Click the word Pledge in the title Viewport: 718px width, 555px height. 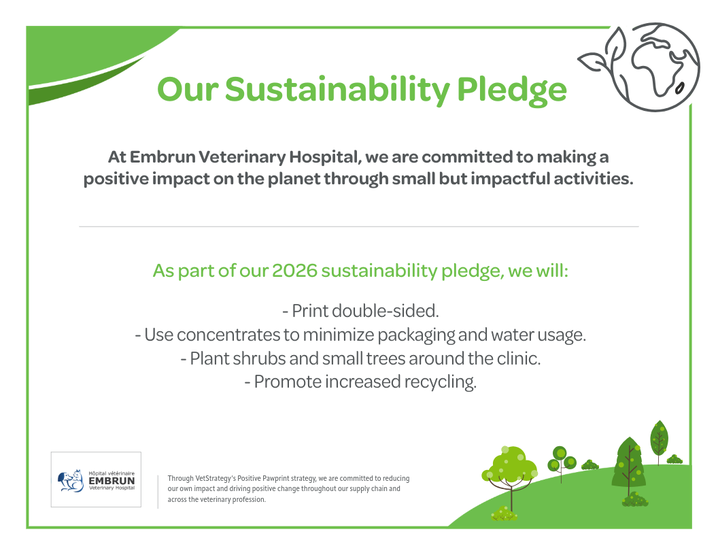[x=511, y=90]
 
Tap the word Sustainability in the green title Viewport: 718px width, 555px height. [x=337, y=90]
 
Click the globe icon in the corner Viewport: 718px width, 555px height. [x=655, y=67]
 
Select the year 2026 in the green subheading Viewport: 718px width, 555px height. [x=294, y=271]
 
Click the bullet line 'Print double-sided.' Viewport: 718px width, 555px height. [x=360, y=311]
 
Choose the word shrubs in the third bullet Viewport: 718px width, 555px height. [x=259, y=358]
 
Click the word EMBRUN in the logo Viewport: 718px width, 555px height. [x=112, y=481]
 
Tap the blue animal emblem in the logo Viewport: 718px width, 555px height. [x=71, y=481]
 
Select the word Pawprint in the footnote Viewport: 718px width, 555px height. [x=280, y=479]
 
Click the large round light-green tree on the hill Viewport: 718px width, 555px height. [x=510, y=467]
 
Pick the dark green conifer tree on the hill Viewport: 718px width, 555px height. [x=629, y=462]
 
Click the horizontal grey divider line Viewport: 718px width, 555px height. [x=358, y=226]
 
